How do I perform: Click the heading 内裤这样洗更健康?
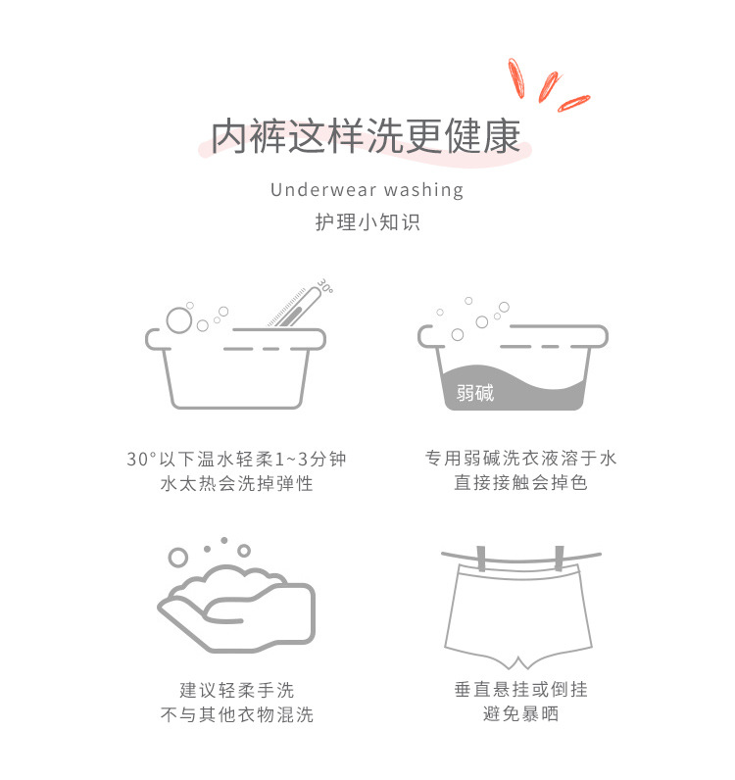coord(367,137)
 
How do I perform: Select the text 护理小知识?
coord(367,222)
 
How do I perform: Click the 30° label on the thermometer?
coord(324,287)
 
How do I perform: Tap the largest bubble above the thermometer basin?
coord(178,319)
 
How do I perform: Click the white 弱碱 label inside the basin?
coord(475,393)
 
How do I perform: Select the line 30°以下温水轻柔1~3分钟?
coord(236,459)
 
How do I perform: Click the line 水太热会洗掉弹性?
coord(236,484)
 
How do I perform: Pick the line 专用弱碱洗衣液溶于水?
coord(520,459)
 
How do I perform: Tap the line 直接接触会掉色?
coord(520,484)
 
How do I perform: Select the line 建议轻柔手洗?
coord(236,690)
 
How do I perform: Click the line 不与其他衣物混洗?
coord(236,714)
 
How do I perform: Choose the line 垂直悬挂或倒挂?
coord(520,690)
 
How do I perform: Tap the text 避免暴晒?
coord(520,714)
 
